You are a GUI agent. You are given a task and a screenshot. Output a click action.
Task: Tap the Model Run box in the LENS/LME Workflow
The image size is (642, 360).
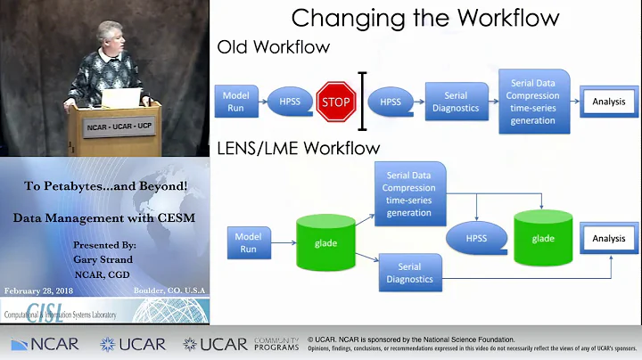[x=248, y=242]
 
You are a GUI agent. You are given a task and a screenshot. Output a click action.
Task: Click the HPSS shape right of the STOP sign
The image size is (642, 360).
[x=390, y=102]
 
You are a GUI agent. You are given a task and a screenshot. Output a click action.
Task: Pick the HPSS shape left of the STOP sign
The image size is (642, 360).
[x=288, y=102]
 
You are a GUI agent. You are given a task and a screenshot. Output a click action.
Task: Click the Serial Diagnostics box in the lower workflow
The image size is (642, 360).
[x=409, y=273]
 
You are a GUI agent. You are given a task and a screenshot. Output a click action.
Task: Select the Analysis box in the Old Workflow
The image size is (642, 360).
[x=608, y=102]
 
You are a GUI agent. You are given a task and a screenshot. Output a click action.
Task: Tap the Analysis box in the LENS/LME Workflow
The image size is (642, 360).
[x=609, y=239]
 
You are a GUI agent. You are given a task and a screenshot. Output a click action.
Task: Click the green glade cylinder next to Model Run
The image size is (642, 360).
[x=325, y=243]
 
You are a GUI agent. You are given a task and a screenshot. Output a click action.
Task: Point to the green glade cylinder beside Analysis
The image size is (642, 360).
[x=543, y=238]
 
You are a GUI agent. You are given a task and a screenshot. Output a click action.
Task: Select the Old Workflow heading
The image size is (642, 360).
[x=274, y=46]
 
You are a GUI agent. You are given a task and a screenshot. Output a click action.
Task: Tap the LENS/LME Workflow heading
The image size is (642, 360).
[x=299, y=148]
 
